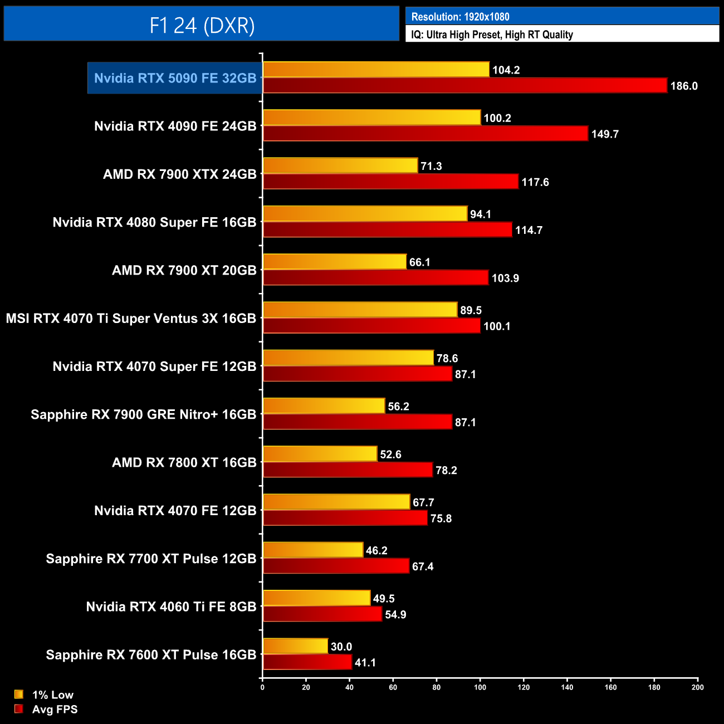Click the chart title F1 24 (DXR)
202,26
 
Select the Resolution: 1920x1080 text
460,17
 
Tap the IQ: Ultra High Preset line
492,35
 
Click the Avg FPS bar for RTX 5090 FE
464,86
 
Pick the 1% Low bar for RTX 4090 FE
371,118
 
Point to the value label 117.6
535,182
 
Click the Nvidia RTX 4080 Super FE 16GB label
154,222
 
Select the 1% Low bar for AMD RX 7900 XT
335,262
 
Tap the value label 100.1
497,326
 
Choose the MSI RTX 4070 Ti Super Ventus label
131,319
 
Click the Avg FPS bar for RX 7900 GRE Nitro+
357,422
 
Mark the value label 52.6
390,454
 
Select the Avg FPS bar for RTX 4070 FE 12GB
345,518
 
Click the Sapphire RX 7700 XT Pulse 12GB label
151,559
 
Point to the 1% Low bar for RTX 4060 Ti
316,598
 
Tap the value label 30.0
341,647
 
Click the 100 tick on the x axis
480,687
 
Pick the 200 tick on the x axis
697,687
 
